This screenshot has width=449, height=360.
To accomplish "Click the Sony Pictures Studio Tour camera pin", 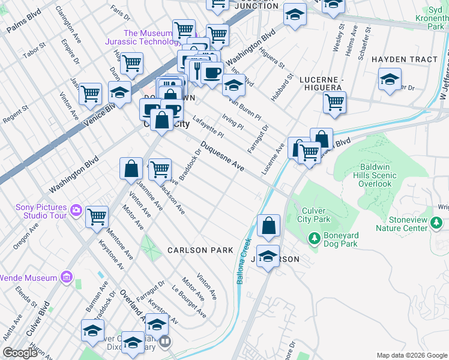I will click(76, 210).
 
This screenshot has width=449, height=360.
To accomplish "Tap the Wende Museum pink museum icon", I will click(67, 278).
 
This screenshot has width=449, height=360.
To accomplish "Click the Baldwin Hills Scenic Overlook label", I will click(378, 175).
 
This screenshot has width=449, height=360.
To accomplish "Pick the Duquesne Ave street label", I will click(222, 157).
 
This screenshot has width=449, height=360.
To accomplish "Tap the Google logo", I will click(20, 353).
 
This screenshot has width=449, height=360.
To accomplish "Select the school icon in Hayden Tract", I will click(389, 79).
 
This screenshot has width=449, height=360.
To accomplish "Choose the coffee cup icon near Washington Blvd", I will click(211, 73).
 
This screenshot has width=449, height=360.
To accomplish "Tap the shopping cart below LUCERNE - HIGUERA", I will click(334, 102).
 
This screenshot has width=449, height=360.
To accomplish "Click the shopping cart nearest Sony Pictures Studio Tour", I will click(97, 217).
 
